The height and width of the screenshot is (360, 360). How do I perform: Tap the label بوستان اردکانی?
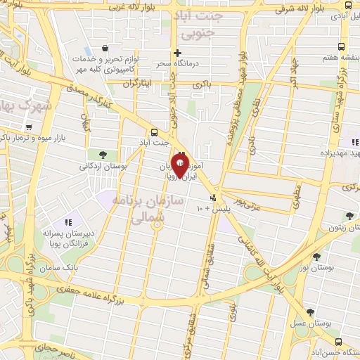pos(103,167)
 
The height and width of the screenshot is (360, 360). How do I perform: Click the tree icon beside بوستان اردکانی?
pos(103,154)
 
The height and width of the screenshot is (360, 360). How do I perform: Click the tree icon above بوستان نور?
pos(316,257)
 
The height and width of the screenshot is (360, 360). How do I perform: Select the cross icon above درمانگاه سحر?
pos(178,53)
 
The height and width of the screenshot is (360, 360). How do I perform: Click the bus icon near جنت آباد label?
pos(155,131)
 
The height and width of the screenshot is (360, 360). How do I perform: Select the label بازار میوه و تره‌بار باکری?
pos(46,139)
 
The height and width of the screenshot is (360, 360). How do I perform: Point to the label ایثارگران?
pos(138,83)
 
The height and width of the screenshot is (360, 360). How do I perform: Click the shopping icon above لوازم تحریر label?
pos(104,49)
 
